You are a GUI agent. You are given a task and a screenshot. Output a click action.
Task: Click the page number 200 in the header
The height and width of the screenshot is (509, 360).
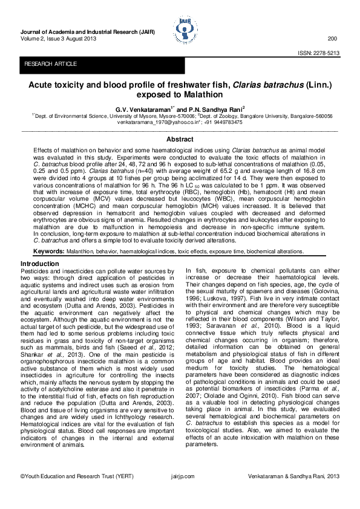pos(332,38)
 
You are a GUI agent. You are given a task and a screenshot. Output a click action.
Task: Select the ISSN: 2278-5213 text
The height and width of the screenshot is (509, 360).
pos(318,53)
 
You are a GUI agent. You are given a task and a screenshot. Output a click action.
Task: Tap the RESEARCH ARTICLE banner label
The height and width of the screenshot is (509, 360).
pos(50,63)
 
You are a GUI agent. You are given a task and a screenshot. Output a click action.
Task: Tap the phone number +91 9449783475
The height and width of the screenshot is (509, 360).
pos(221,122)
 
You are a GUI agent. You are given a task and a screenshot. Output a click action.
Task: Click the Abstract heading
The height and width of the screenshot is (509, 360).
pos(180,139)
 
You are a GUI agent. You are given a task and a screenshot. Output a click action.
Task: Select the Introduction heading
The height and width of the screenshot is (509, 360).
pos(40,264)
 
